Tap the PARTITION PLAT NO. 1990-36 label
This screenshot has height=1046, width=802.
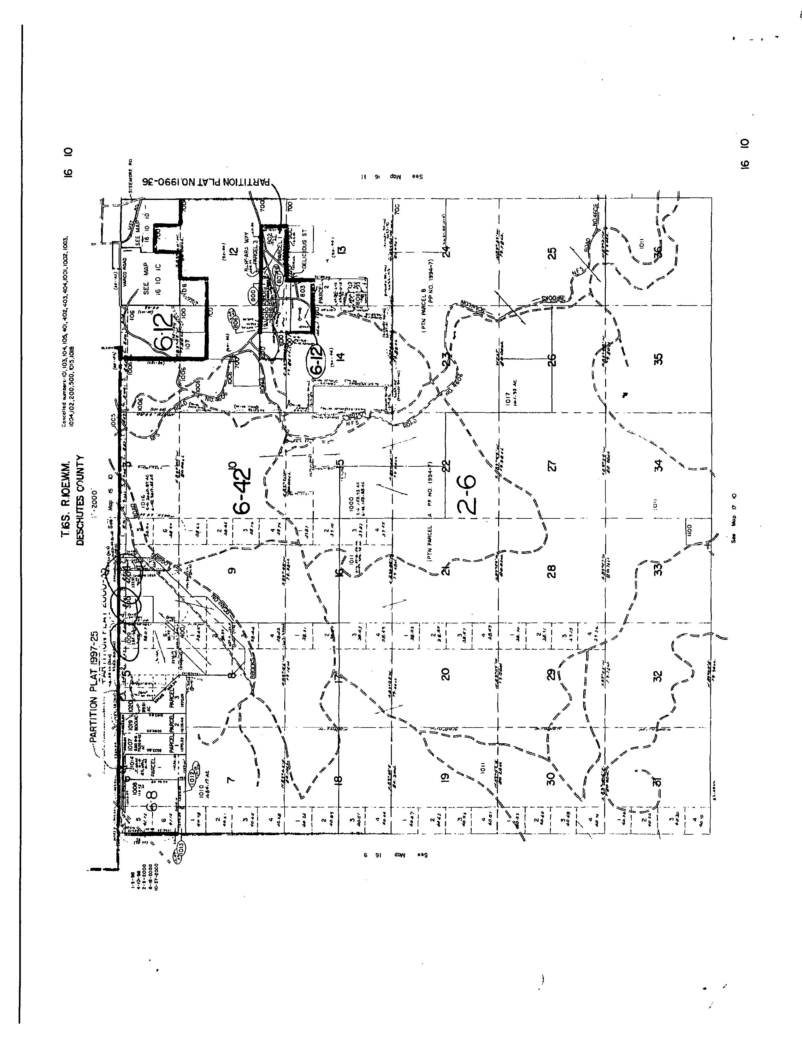[206, 183]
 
